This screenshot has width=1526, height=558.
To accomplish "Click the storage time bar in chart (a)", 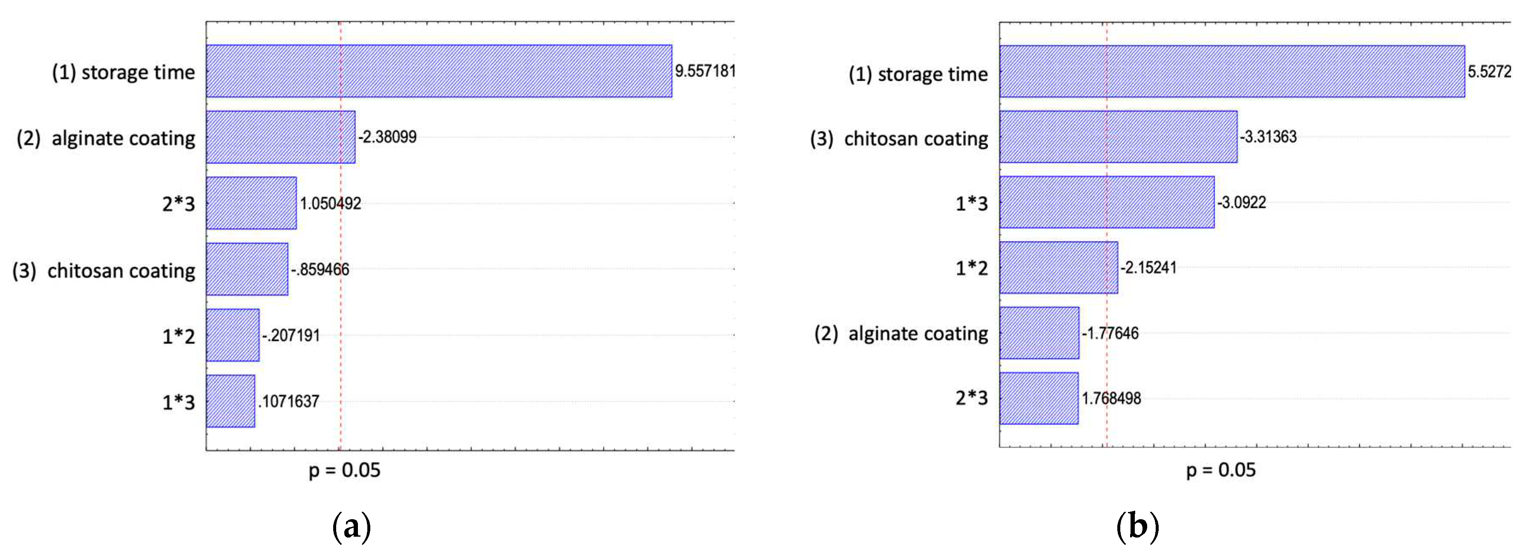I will (439, 71).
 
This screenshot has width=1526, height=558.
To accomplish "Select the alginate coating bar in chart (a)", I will (281, 137).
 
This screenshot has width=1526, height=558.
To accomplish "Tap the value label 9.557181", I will (705, 71).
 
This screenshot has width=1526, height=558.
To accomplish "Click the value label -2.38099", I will (387, 137).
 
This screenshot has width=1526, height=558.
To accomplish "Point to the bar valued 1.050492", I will (251, 203).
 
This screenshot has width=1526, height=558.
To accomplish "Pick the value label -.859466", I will (320, 270).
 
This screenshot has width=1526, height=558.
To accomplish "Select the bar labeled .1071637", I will (230, 401).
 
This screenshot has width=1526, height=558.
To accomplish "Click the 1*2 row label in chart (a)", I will (178, 336).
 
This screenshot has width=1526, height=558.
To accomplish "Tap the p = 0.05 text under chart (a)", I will (344, 471).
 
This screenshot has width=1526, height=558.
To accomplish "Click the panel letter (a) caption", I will (352, 526).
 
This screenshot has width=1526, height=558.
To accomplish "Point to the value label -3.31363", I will (1268, 137).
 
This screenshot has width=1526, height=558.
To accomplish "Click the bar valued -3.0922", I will (1107, 202).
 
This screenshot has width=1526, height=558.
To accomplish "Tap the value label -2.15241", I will (1148, 267).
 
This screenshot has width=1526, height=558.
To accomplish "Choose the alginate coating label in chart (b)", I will (901, 334).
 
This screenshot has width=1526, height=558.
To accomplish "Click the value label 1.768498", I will (1111, 398).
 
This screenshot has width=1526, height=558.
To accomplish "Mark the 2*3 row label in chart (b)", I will (971, 398).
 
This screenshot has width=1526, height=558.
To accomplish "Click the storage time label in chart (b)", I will (918, 75).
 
